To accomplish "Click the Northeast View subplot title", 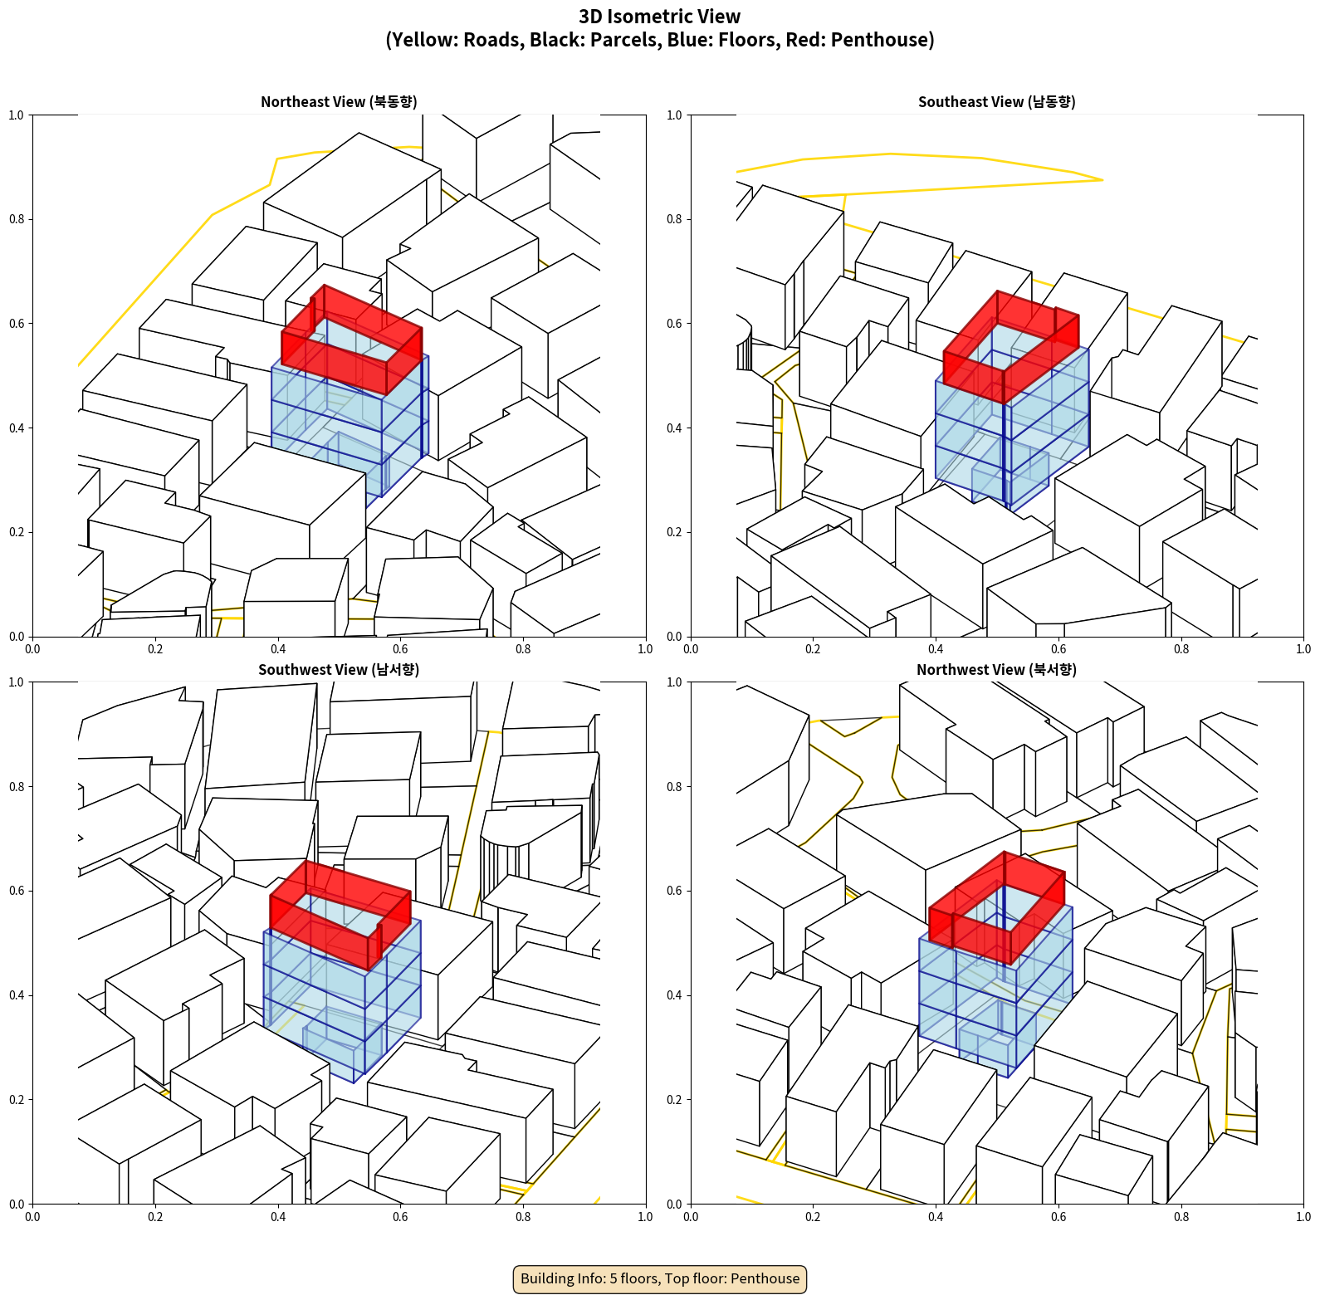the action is [339, 102].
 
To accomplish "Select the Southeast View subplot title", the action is [996, 102].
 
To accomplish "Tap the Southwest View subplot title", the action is [339, 670].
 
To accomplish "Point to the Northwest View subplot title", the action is [996, 670].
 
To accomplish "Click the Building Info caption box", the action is [660, 1278].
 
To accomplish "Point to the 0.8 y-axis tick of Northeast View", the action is [17, 219].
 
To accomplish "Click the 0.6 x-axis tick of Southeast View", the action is [1058, 649].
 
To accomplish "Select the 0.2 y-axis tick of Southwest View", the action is [17, 1100].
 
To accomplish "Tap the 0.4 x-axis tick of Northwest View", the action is [936, 1217].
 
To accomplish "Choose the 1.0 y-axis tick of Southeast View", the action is [675, 115].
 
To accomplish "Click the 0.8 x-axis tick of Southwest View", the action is [523, 1217].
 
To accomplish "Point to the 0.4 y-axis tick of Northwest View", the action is [675, 995].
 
